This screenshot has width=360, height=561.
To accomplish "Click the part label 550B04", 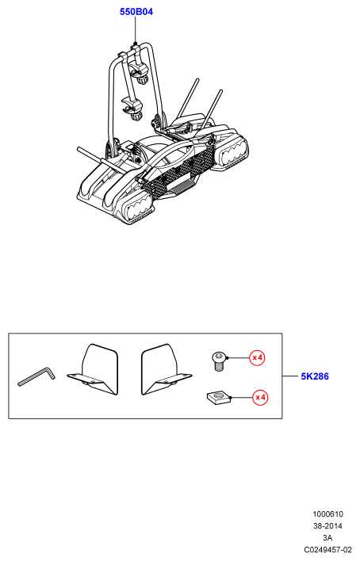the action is tap(136, 12).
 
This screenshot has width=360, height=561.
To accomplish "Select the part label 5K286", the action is tap(315, 376).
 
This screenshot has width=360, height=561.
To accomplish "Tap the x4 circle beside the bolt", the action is tap(257, 357).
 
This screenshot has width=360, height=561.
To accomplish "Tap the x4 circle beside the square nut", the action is tap(260, 398).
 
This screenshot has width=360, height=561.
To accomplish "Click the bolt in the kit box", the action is tap(217, 361).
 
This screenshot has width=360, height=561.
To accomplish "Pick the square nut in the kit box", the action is tap(219, 398).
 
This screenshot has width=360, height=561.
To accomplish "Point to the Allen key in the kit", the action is tap(36, 376).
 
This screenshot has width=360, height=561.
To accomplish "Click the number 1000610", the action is tap(327, 514).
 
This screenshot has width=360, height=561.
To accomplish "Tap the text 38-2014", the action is tap(327, 526).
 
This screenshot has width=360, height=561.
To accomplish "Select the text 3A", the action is tap(327, 538).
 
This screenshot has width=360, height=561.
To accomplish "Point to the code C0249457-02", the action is tap(327, 550).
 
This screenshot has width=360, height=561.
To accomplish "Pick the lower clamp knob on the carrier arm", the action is tap(136, 116).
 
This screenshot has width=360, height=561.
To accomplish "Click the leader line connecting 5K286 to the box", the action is tap(290, 376).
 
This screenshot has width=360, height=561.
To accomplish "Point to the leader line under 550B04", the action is tap(136, 29).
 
